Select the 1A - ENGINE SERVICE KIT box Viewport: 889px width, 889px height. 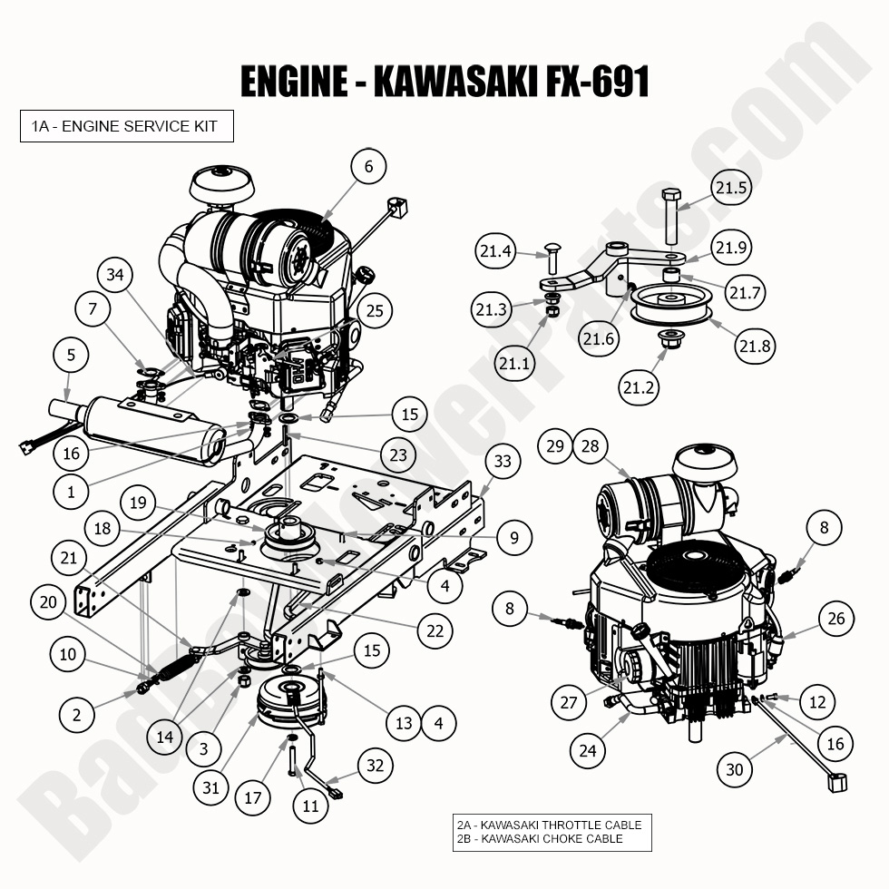126,126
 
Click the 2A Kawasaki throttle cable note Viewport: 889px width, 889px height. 550,825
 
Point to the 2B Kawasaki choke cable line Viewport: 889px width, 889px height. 540,839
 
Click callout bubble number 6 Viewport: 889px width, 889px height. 367,167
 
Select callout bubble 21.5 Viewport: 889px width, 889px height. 730,189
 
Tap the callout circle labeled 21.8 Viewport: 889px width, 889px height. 756,347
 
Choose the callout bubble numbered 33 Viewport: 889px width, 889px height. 503,461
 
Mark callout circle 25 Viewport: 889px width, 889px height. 376,311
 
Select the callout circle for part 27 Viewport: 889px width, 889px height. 569,702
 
